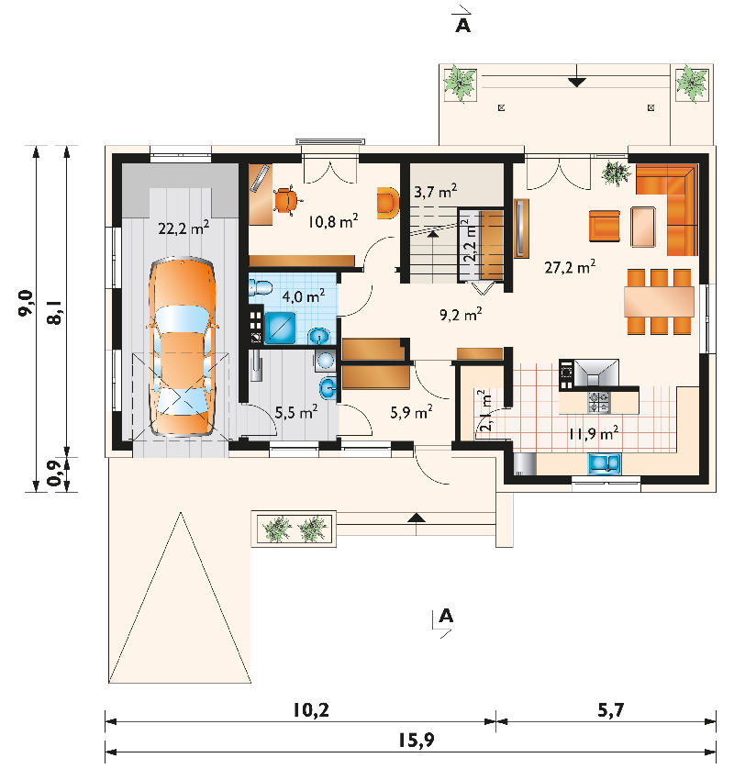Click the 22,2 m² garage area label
[x=183, y=228]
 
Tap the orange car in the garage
[x=183, y=346]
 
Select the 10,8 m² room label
[x=333, y=221]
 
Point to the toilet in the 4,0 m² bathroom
[x=261, y=287]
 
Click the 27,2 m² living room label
[x=570, y=267]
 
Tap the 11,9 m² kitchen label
[x=594, y=433]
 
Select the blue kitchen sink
[x=605, y=463]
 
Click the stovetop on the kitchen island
[x=599, y=402]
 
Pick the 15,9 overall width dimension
[x=416, y=740]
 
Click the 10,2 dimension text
[x=311, y=709]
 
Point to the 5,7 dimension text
[x=610, y=709]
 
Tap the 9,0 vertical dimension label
[x=26, y=303]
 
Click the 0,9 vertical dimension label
[x=54, y=474]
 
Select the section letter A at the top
[x=462, y=25]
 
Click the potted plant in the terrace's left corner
[x=460, y=84]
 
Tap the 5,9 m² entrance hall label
[x=411, y=412]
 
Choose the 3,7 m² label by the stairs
[x=436, y=191]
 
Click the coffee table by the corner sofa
[x=643, y=227]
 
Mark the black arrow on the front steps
[x=417, y=517]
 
